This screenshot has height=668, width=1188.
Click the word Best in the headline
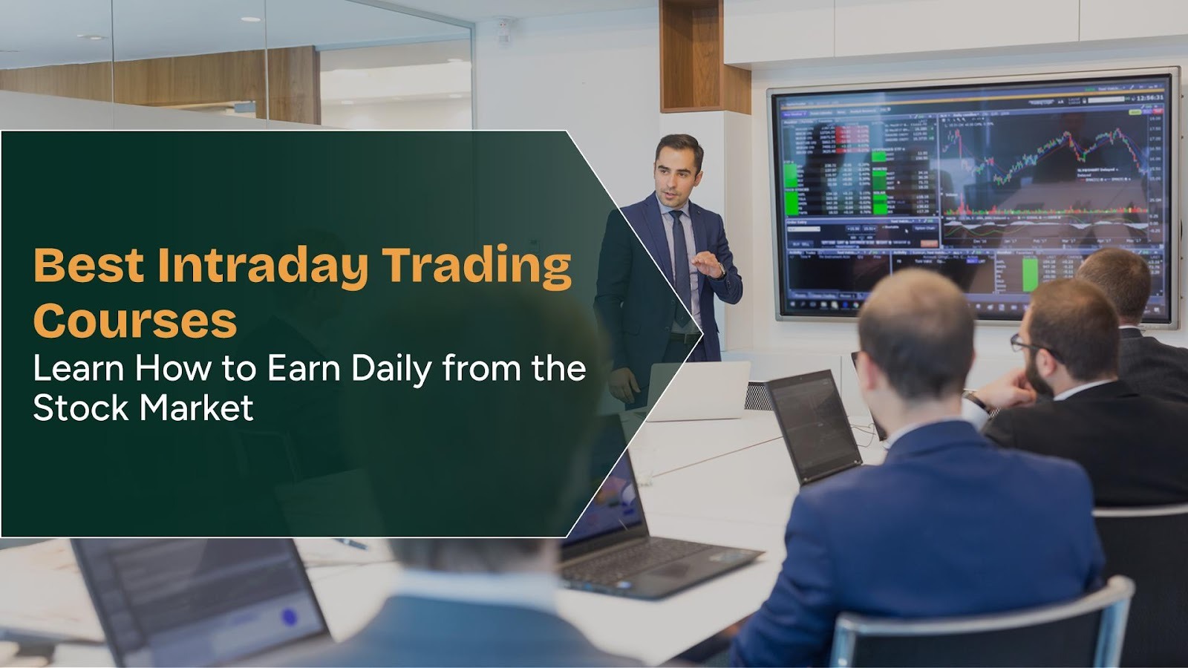(88, 265)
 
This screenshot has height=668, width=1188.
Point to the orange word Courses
(134, 321)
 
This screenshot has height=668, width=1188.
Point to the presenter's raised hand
(709, 265)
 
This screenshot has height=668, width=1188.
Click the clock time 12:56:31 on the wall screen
(1149, 97)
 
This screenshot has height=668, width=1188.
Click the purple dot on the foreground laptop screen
(290, 616)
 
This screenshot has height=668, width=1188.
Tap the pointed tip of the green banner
(701, 333)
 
